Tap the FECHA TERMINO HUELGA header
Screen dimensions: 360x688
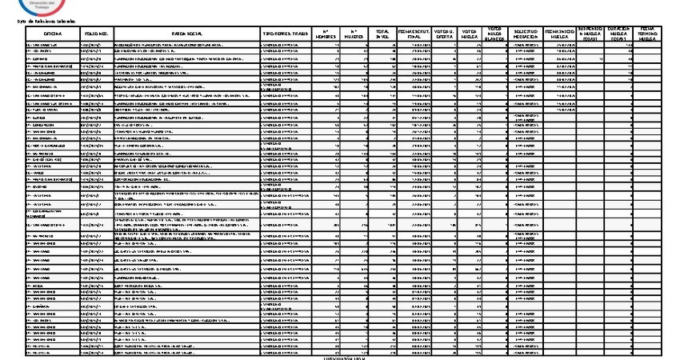pos(648,33)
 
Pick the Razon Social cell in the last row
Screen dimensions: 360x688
pos(186,353)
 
